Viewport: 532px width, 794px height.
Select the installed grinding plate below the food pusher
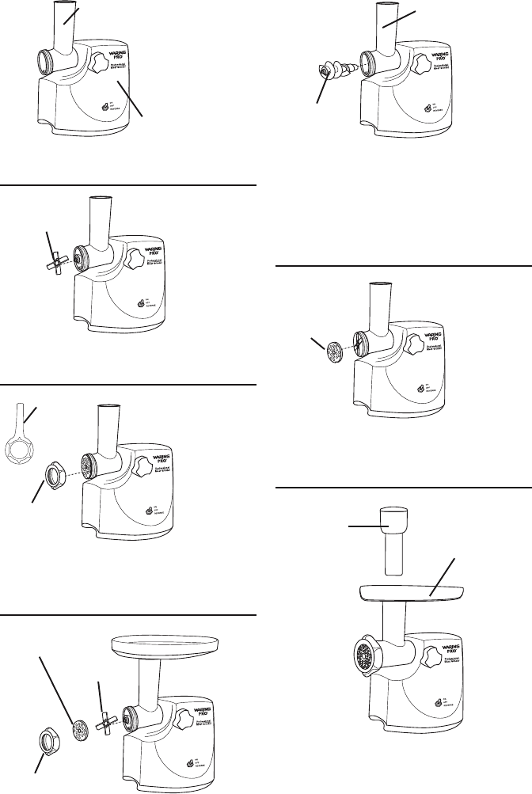point(364,655)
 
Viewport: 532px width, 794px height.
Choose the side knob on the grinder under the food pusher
point(432,658)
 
